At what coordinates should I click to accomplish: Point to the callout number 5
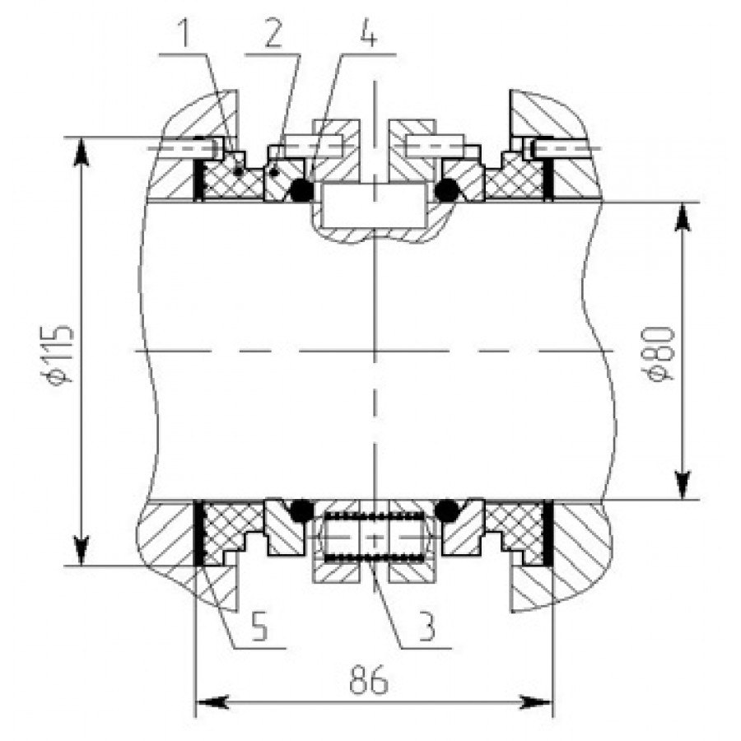[259, 627]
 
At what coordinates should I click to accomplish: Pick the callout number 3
[426, 627]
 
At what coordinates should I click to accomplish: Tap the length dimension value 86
[369, 681]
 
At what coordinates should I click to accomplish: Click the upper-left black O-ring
[301, 190]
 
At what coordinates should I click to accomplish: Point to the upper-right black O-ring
[447, 190]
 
